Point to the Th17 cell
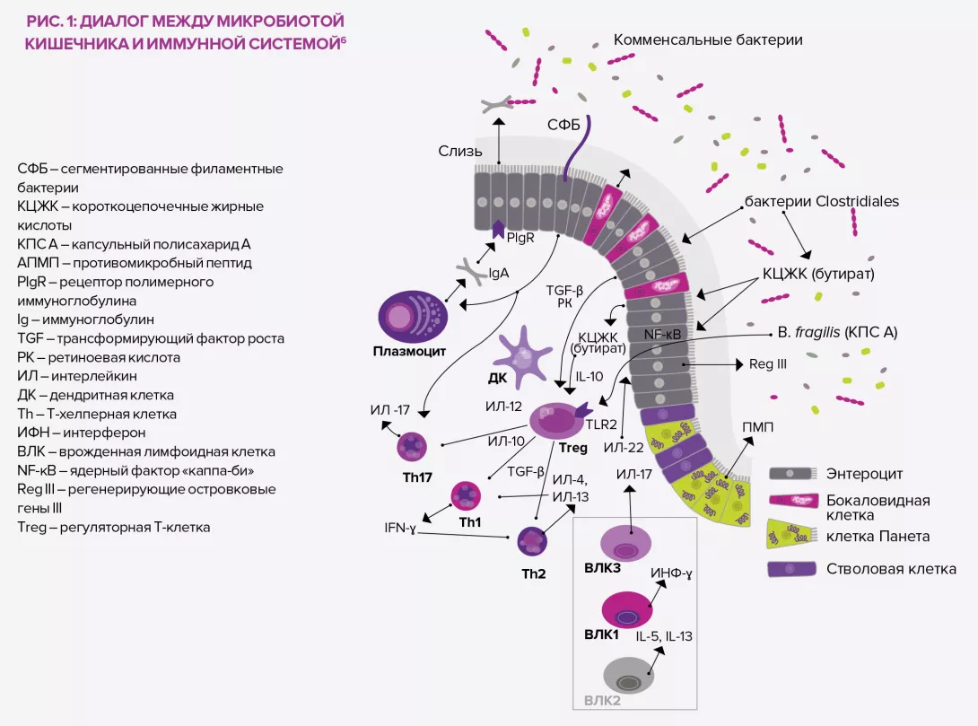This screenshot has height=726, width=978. (x=414, y=445)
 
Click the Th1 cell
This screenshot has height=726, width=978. (x=467, y=495)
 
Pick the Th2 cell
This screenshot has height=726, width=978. (x=532, y=540)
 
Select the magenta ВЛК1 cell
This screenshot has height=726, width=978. (x=626, y=610)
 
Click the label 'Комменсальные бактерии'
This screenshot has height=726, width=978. (x=707, y=40)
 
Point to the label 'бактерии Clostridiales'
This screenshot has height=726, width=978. (x=821, y=201)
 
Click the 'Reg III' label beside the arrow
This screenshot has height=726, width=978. (x=767, y=365)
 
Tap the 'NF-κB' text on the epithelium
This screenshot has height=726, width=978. (x=661, y=335)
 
